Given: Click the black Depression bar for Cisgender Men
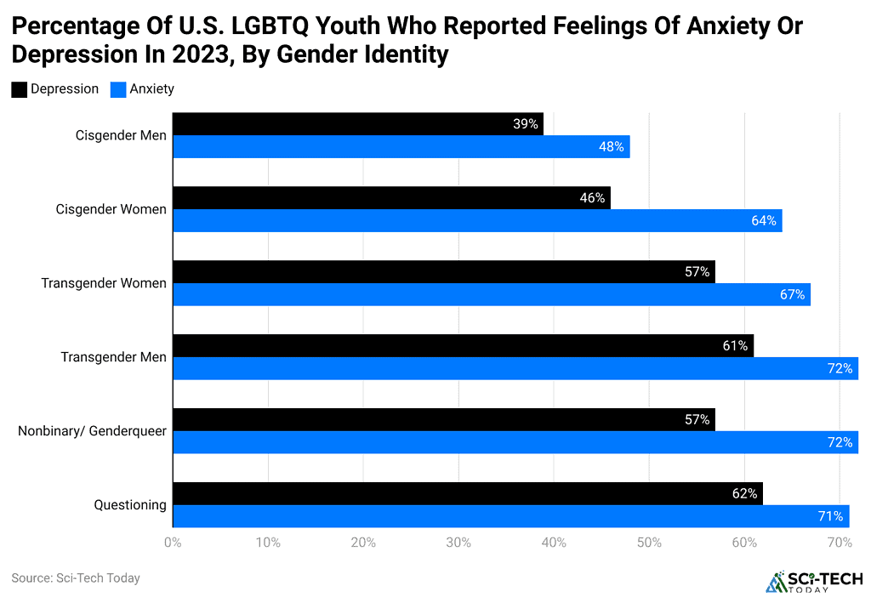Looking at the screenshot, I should click(x=357, y=124).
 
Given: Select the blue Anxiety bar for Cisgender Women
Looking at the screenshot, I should click(x=476, y=221).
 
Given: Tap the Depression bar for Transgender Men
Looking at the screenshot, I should click(x=463, y=346).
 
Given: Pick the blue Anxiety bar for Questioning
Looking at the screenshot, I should click(x=510, y=516).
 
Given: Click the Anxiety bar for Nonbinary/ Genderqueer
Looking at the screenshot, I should click(x=515, y=442).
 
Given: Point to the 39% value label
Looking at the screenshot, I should click(x=526, y=124).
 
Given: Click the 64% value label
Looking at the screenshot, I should click(x=763, y=221).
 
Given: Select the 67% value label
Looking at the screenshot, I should click(x=792, y=295).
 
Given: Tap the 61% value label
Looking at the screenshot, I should click(x=735, y=346).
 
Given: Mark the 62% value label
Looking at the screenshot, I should click(x=744, y=493).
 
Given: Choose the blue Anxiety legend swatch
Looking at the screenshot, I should click(x=117, y=89).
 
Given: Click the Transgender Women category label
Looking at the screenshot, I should click(x=104, y=283).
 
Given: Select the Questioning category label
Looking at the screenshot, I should click(x=130, y=505).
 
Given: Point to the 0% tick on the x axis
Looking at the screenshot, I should click(x=173, y=543).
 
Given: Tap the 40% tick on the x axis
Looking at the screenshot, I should click(x=554, y=543).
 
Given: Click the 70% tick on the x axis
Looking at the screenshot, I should click(x=840, y=543).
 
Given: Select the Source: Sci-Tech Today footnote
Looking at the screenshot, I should click(x=76, y=578).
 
